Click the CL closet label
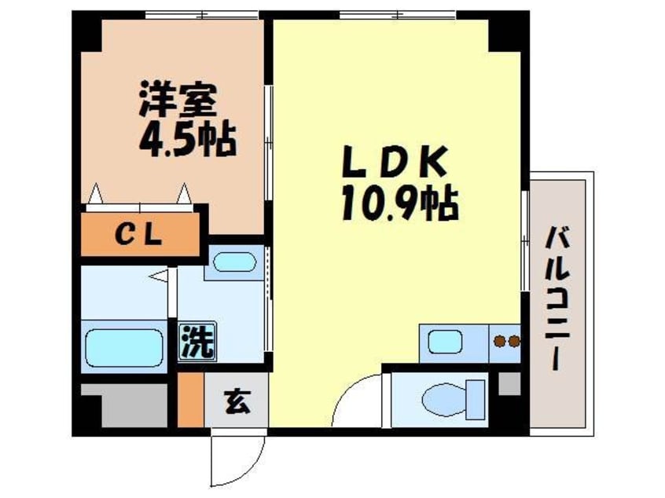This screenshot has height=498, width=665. (140, 233)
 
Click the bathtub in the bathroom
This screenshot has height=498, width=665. (123, 346)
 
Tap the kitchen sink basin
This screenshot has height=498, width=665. (445, 342)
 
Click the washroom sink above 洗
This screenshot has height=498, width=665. (234, 262)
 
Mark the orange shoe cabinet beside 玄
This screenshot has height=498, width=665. (189, 401)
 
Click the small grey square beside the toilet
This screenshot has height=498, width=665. (509, 385)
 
